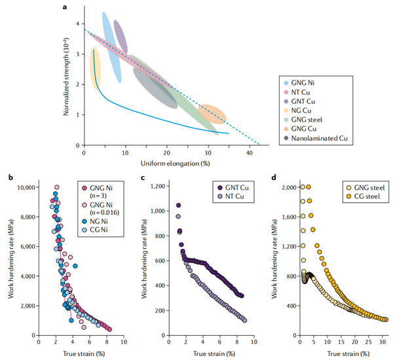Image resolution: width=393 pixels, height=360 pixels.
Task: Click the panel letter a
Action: [64, 7]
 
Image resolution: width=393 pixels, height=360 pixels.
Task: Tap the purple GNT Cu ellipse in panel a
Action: [121, 37]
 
